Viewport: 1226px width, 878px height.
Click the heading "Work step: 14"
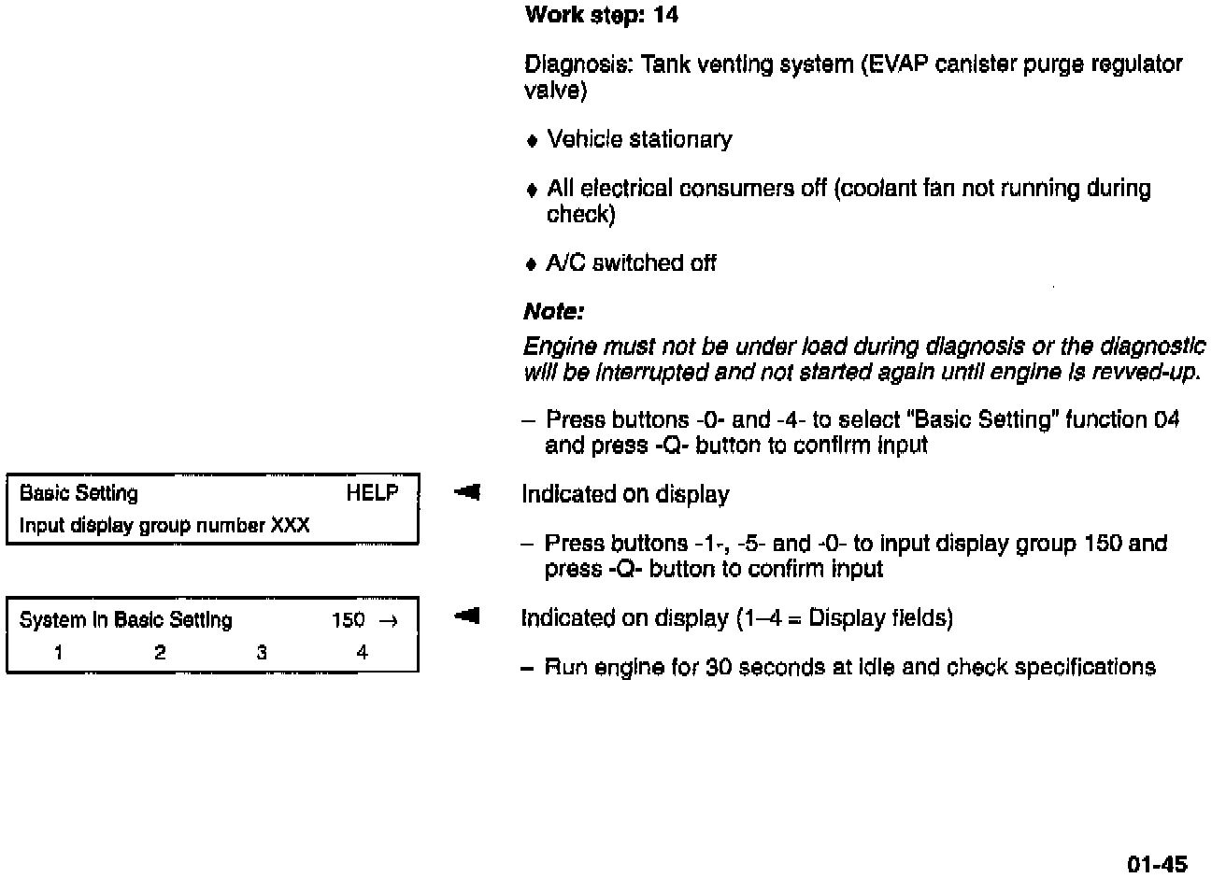[x=601, y=15]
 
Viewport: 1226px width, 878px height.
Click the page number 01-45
[x=1157, y=864]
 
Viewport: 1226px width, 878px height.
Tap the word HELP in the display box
[x=372, y=493]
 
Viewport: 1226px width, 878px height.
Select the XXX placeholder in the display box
[x=290, y=525]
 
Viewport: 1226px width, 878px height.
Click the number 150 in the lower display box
[x=348, y=620]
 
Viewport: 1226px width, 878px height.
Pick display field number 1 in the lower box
[x=58, y=653]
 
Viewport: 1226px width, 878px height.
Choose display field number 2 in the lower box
[x=160, y=653]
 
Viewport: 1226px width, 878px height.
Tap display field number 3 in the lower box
[x=262, y=653]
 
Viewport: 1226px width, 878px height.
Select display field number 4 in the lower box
[x=363, y=653]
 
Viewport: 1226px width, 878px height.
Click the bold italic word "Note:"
[x=553, y=311]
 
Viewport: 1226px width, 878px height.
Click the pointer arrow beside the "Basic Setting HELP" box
[x=467, y=491]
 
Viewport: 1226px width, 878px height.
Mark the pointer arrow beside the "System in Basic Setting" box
[x=467, y=616]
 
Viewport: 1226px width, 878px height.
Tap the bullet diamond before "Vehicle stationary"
[x=532, y=141]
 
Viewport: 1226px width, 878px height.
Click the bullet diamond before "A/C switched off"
[x=532, y=264]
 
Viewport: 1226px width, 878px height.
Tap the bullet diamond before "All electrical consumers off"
[x=532, y=190]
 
